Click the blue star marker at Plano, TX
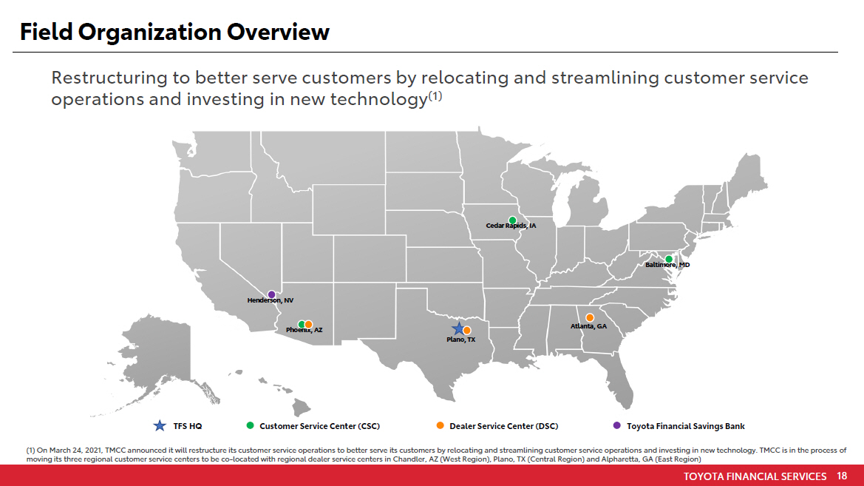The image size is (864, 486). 458,328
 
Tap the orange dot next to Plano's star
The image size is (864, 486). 466,331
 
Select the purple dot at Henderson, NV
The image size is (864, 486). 271,294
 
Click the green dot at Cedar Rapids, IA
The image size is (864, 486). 512,220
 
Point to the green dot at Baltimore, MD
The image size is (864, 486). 669,259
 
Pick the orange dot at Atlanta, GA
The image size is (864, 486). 590,318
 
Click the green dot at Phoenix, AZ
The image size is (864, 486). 302,324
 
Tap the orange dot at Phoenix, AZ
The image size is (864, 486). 309,324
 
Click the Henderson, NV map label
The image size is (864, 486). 270,300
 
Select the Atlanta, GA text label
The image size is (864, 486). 588,326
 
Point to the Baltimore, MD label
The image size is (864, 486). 667,266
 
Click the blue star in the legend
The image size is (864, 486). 159,426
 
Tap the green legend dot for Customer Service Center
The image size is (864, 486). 250,425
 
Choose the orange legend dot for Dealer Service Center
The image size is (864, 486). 440,425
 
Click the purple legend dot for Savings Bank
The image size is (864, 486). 616,425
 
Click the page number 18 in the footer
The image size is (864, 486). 841,476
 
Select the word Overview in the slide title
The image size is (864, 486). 278,32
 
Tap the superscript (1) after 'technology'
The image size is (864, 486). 435,96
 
